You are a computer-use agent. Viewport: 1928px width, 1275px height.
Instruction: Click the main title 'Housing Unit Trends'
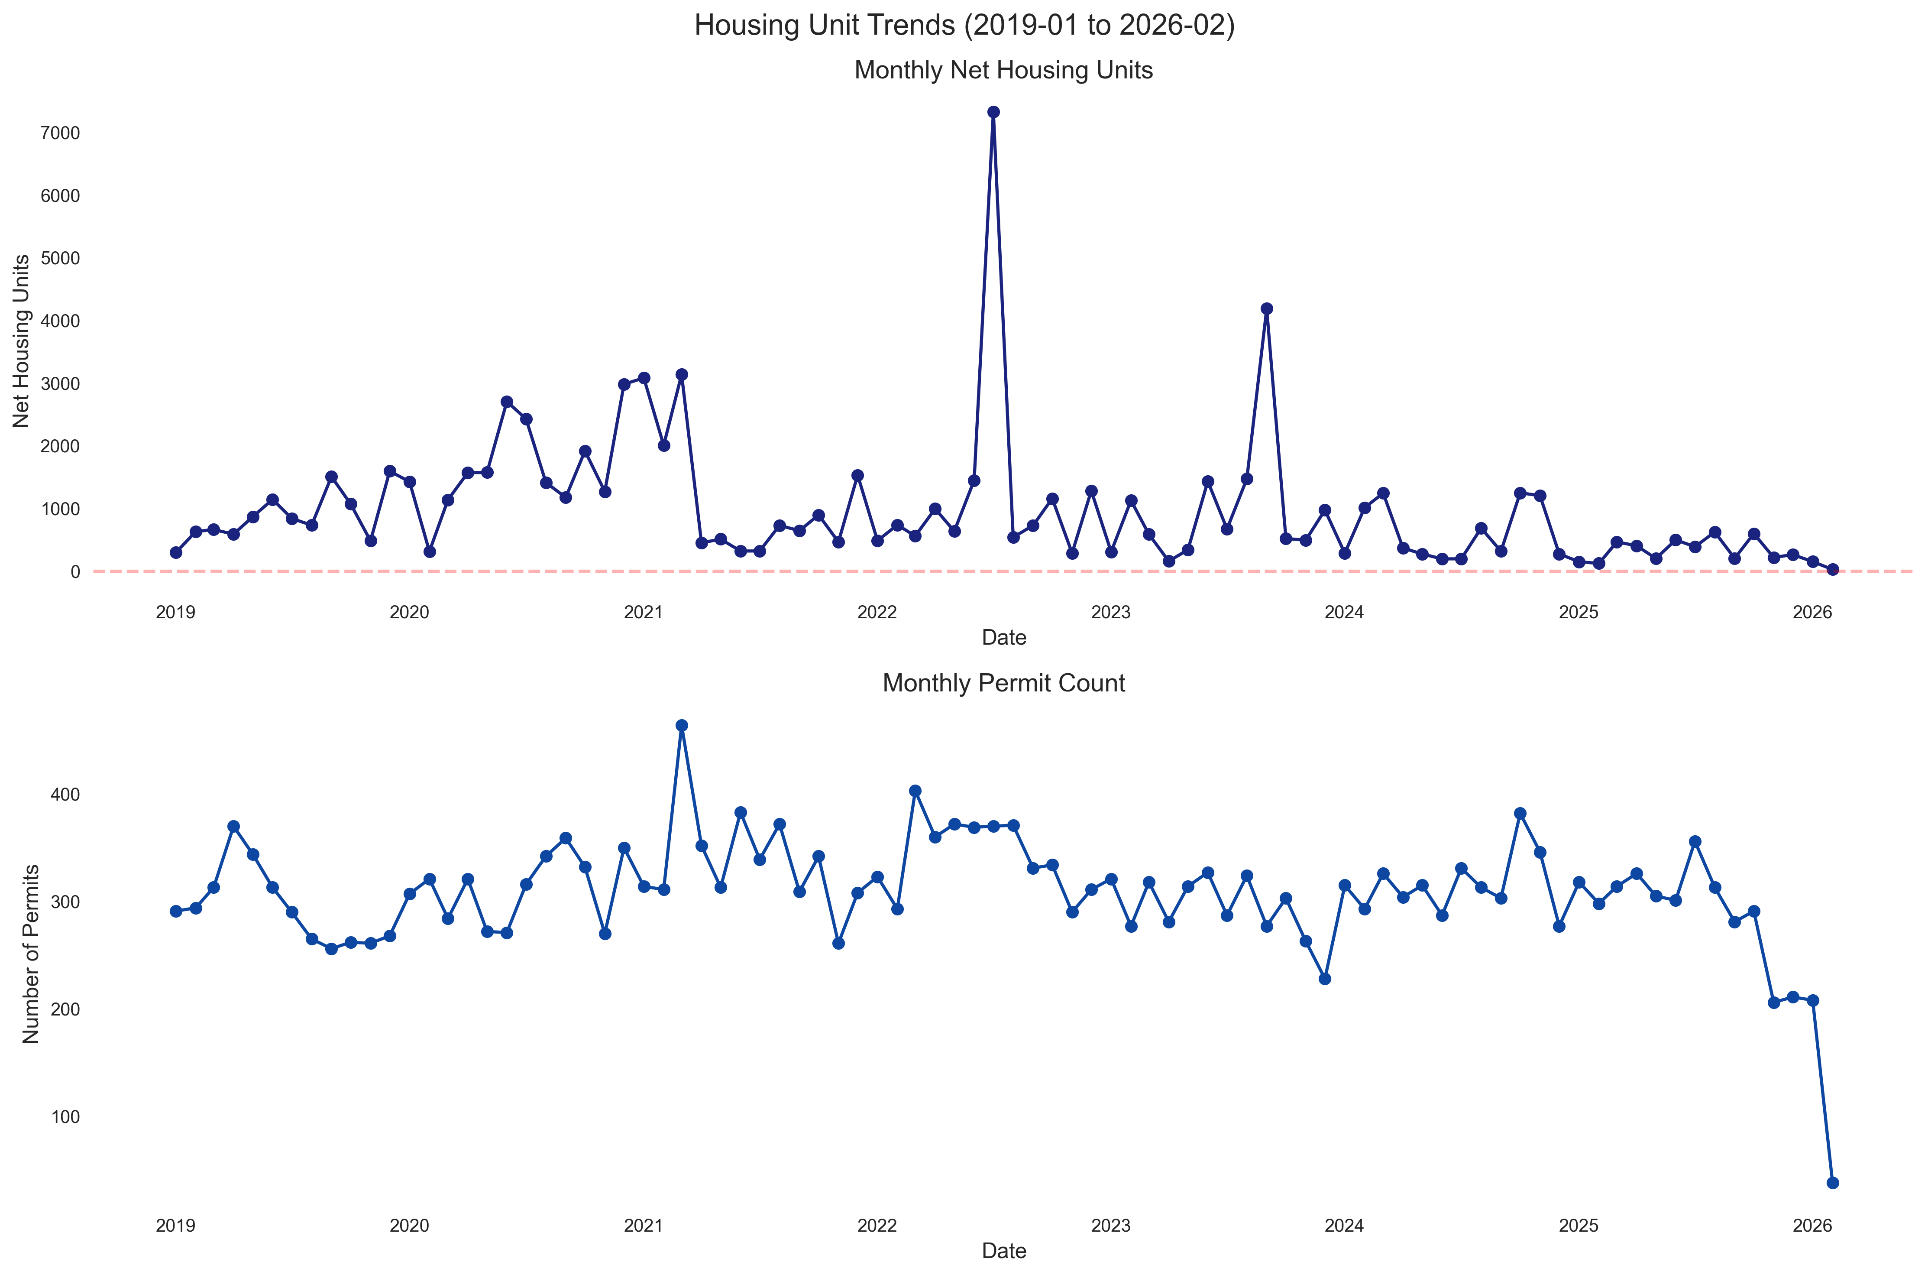point(964,26)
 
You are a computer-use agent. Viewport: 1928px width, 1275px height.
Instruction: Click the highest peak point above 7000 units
point(993,112)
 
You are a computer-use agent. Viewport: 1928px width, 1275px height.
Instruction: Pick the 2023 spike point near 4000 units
point(1266,309)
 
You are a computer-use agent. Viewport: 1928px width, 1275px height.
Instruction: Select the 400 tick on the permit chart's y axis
point(67,795)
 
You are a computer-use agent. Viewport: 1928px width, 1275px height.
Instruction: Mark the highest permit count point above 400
point(682,725)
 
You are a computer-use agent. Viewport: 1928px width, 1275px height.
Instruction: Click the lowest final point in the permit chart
point(1832,1182)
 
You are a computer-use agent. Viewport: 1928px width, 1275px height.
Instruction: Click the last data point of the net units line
point(1832,570)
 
